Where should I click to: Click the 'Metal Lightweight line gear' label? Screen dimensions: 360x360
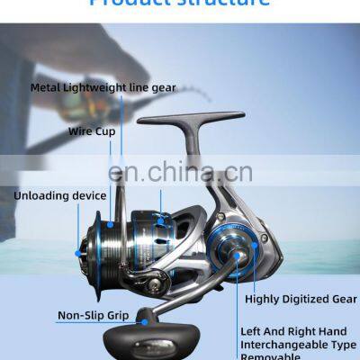click(103, 88)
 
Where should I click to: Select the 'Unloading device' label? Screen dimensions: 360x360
click(59, 195)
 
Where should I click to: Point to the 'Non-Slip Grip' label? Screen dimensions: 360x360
click(94, 316)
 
